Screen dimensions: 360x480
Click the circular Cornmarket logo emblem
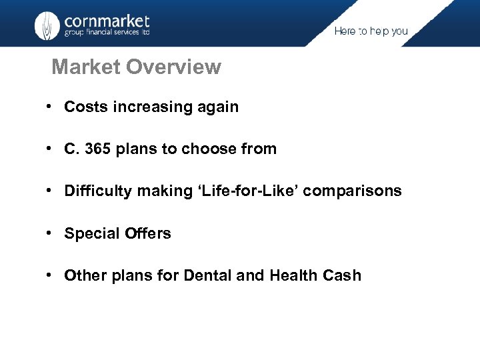[x=47, y=25]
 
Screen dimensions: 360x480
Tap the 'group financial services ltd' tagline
[x=107, y=33]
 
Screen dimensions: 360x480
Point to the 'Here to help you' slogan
[x=371, y=31]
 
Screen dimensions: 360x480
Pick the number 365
[x=97, y=149]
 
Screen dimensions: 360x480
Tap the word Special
[x=90, y=233]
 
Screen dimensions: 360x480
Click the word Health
[x=292, y=275]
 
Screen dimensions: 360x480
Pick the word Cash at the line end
[x=341, y=275]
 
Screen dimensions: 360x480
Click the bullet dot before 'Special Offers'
[x=50, y=233]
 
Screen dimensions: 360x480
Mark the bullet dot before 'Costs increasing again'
[x=50, y=107]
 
